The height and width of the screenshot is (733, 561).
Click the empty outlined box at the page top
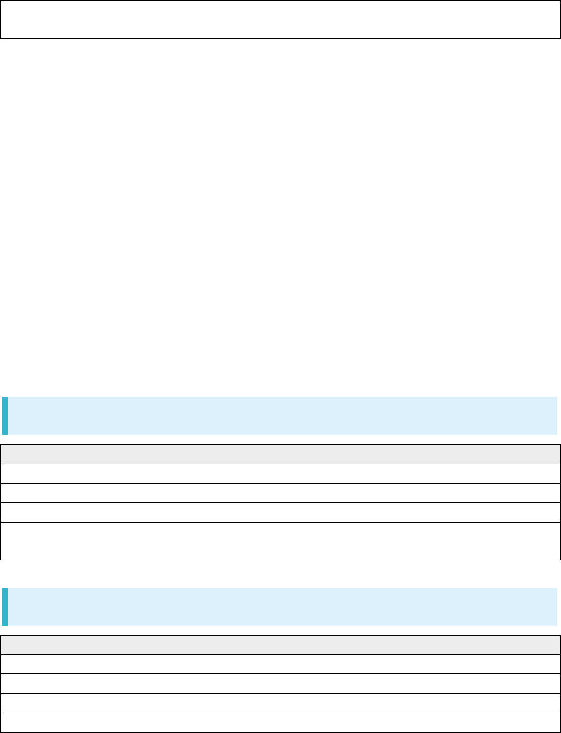point(280,19)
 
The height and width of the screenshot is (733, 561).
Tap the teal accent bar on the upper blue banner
point(5,415)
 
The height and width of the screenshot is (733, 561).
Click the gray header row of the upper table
point(280,454)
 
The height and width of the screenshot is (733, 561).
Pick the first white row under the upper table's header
point(280,473)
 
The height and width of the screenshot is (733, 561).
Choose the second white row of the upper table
point(280,493)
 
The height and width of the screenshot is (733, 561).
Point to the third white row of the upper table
point(280,512)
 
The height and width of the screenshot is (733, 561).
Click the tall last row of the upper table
point(280,541)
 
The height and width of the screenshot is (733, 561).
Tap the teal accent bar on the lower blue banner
point(5,606)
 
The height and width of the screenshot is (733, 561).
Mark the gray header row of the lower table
point(280,645)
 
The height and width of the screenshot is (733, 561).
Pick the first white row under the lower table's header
point(280,664)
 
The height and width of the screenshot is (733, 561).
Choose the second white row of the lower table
point(280,684)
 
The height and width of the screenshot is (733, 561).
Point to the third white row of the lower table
point(280,703)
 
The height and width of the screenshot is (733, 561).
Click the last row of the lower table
point(280,722)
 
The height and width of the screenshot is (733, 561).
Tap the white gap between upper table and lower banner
point(280,573)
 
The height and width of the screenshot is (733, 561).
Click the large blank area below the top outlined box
point(280,214)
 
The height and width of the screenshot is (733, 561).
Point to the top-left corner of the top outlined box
point(1,1)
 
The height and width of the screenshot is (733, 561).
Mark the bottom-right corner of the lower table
point(560,732)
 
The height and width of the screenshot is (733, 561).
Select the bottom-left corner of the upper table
point(1,560)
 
